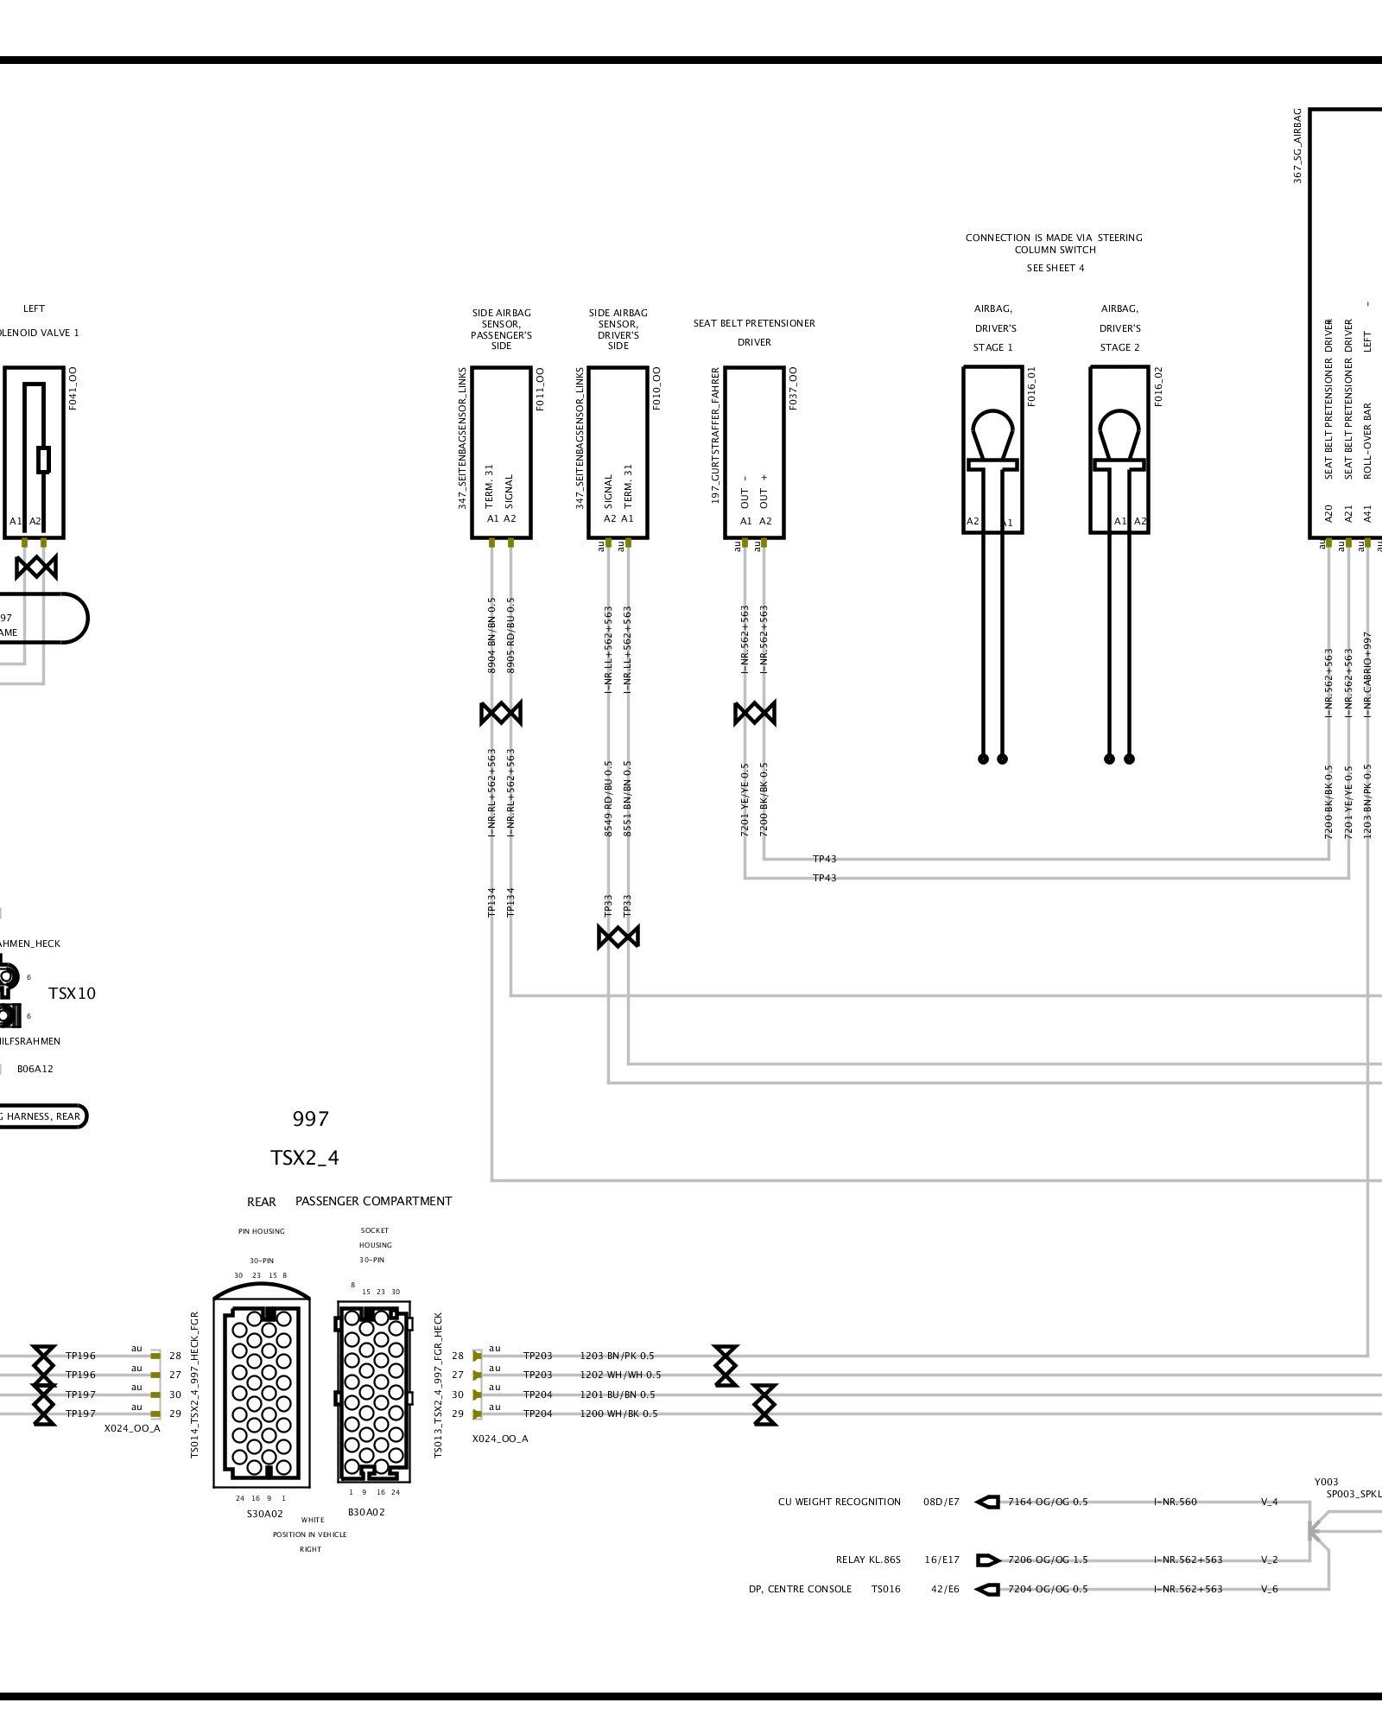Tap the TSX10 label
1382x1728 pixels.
click(72, 994)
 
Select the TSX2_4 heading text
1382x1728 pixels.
click(305, 1159)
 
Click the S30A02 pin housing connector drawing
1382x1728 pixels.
click(262, 1391)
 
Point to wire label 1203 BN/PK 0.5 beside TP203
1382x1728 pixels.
click(617, 1356)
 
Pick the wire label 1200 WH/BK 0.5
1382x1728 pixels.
click(618, 1414)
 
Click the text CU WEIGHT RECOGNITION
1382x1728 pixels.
click(839, 1502)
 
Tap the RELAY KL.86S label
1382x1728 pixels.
click(868, 1560)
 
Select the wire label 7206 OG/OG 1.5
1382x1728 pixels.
click(1048, 1560)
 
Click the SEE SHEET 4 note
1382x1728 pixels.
click(1055, 268)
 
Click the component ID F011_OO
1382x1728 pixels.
click(540, 388)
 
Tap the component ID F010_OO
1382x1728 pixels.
click(656, 388)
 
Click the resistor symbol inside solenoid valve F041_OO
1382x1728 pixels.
click(43, 459)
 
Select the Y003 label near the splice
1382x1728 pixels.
click(1326, 1482)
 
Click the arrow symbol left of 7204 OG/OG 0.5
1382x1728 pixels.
click(987, 1589)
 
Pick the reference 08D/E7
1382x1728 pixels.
click(941, 1502)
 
